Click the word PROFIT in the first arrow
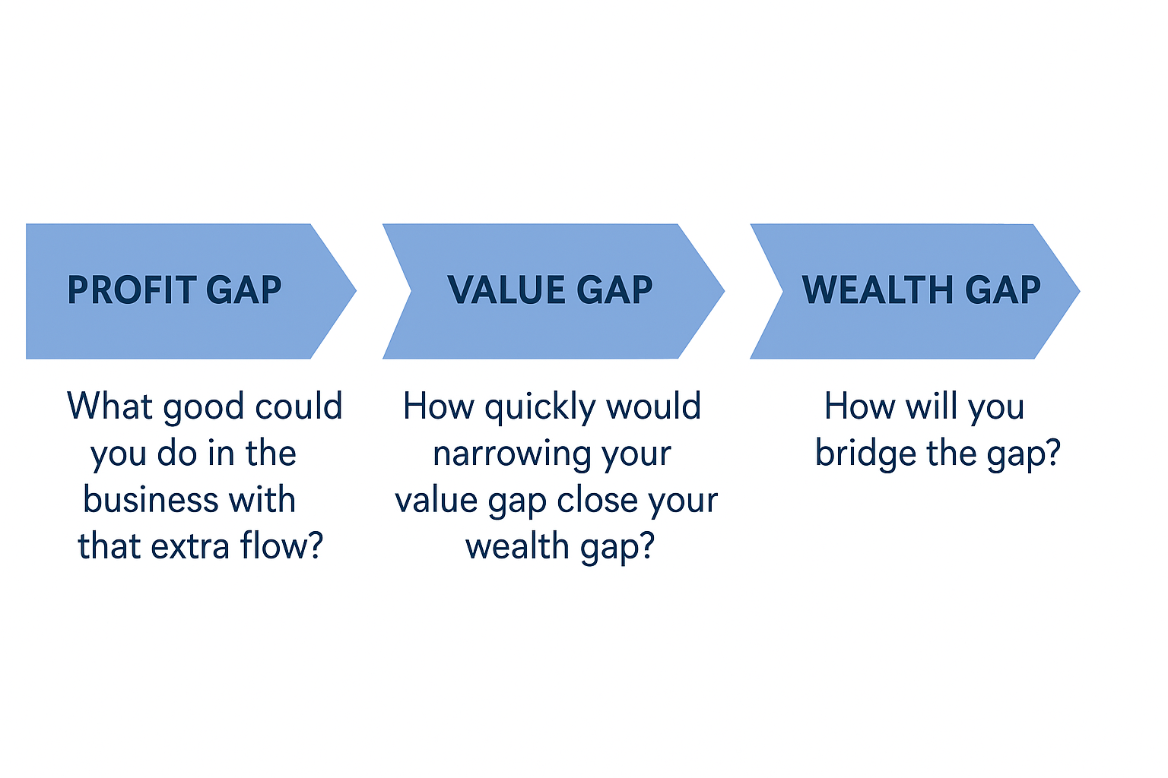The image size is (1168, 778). click(132, 290)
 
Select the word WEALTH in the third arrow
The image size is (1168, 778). click(877, 290)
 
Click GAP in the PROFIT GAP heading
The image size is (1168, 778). click(243, 290)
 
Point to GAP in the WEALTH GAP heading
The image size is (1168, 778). click(1003, 290)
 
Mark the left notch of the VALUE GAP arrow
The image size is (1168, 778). click(411, 290)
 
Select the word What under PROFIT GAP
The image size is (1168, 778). click(109, 406)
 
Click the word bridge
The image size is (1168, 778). click(865, 454)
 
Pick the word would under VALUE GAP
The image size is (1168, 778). click(653, 406)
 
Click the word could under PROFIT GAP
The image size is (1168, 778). click(299, 406)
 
